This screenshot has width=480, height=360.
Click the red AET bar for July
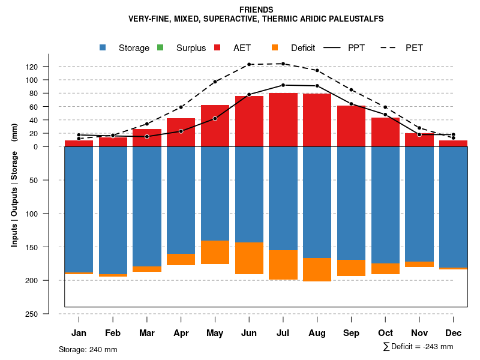pyautogui.click(x=283, y=120)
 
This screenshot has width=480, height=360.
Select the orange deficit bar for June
pyautogui.click(x=249, y=258)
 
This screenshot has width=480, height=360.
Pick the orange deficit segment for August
pyautogui.click(x=317, y=269)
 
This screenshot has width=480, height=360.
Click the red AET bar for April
pyautogui.click(x=181, y=133)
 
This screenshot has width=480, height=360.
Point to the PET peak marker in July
pyautogui.click(x=283, y=64)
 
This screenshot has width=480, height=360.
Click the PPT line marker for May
pyautogui.click(x=215, y=118)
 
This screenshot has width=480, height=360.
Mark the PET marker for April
pyautogui.click(x=181, y=107)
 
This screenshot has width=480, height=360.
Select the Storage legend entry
pyautogui.click(x=126, y=48)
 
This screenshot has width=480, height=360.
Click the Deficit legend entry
pyautogui.click(x=295, y=48)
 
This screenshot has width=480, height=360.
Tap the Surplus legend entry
pyautogui.click(x=182, y=48)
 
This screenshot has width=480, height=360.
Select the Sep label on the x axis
pyautogui.click(x=351, y=333)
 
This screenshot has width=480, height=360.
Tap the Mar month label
pyautogui.click(x=146, y=333)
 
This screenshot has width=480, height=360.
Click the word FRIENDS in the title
pyautogui.click(x=256, y=10)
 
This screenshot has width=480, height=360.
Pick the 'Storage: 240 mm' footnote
pyautogui.click(x=88, y=349)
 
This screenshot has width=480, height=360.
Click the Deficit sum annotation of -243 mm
pyautogui.click(x=418, y=347)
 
